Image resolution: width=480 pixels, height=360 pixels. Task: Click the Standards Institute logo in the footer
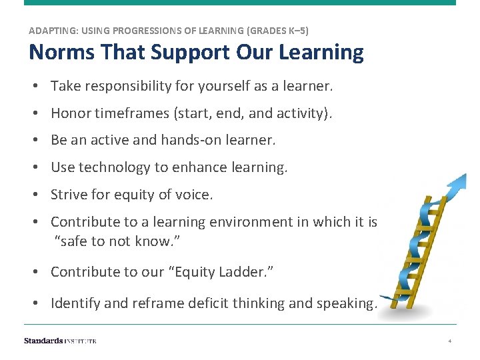pyautogui.click(x=60, y=341)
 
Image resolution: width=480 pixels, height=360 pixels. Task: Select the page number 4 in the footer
pyautogui.click(x=450, y=341)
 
